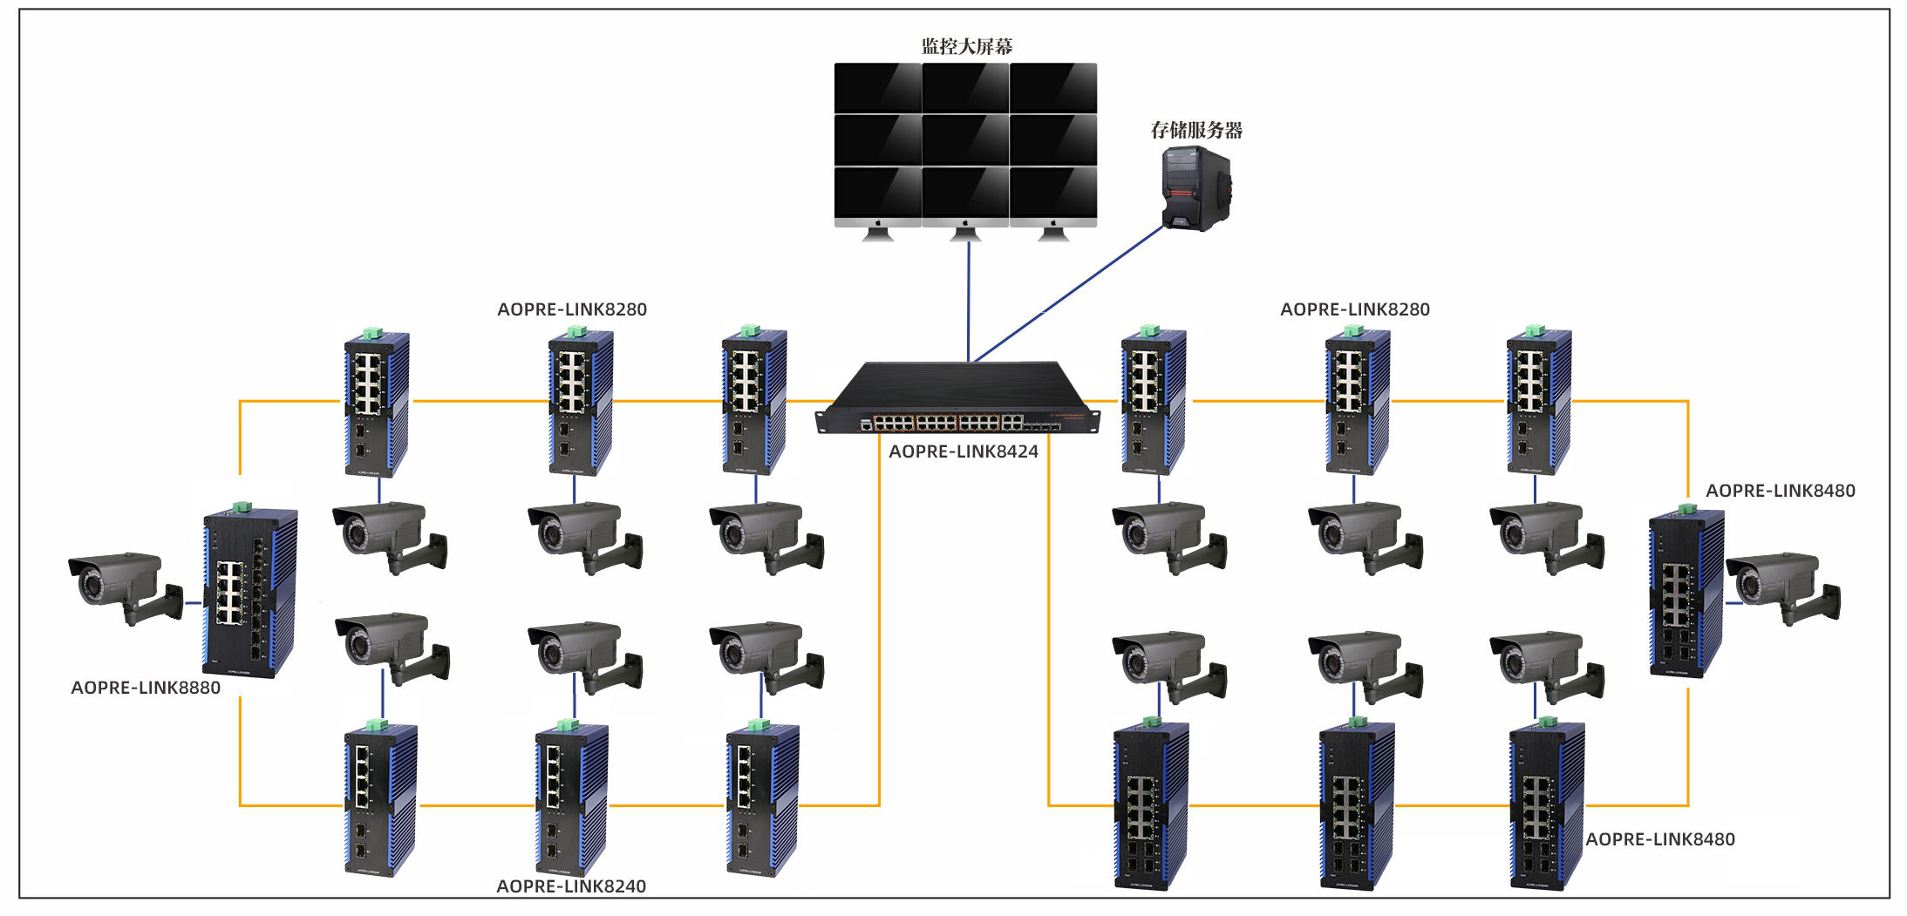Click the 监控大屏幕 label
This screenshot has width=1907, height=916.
tap(966, 46)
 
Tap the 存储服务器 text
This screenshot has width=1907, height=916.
tap(1195, 131)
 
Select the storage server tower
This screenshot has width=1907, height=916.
tap(1195, 188)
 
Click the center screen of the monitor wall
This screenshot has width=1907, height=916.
tap(965, 139)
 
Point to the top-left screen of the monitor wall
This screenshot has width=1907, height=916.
tap(877, 87)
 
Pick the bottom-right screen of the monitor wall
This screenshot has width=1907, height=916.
tap(1053, 193)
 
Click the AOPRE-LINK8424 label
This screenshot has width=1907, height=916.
tap(963, 451)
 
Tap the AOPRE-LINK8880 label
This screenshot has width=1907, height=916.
tap(146, 688)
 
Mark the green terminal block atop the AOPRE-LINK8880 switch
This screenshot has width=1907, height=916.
tap(242, 506)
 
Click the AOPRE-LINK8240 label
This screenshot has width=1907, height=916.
tap(571, 886)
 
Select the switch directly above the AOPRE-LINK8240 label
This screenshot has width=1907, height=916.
tap(571, 799)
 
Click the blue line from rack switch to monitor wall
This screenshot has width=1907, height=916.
tap(968, 301)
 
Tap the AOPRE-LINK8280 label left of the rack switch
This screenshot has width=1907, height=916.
tap(572, 309)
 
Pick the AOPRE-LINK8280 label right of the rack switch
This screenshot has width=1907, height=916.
tap(1354, 309)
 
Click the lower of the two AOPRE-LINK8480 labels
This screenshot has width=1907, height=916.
tap(1659, 839)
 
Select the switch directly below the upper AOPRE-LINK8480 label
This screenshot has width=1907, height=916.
tap(1686, 593)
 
